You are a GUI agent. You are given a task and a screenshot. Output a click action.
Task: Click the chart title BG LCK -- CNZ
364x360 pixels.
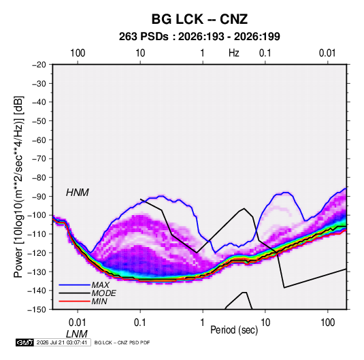199,19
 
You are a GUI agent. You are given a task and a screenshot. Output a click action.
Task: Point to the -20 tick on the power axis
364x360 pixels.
39,65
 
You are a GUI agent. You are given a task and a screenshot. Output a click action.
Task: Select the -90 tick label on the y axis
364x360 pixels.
39,197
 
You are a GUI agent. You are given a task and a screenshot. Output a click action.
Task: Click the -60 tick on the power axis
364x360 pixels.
39,140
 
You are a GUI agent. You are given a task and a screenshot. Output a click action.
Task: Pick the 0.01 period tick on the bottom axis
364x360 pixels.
78,323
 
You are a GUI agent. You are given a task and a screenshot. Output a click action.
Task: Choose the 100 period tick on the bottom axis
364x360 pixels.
327,323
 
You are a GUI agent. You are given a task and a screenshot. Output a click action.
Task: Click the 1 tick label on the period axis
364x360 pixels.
203,323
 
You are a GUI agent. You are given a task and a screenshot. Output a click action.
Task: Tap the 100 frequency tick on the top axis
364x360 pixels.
78,53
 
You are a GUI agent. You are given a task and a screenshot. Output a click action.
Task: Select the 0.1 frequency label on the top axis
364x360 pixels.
265,53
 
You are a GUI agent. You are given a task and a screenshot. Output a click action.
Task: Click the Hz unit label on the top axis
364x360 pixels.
234,53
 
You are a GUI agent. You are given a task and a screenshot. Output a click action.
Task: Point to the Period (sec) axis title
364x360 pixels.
234,330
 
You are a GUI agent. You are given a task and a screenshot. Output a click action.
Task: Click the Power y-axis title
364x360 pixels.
18,186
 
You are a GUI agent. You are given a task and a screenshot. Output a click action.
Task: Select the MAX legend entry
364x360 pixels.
100,285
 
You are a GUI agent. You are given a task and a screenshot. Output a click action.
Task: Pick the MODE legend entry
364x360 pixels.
104,293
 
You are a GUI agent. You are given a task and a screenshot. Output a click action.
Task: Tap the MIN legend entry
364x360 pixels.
99,301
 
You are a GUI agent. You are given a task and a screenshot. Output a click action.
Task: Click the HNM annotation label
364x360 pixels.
78,193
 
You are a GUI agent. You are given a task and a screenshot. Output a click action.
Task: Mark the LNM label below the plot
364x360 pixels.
77,334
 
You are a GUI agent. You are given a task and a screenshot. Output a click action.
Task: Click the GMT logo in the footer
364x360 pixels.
25,342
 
